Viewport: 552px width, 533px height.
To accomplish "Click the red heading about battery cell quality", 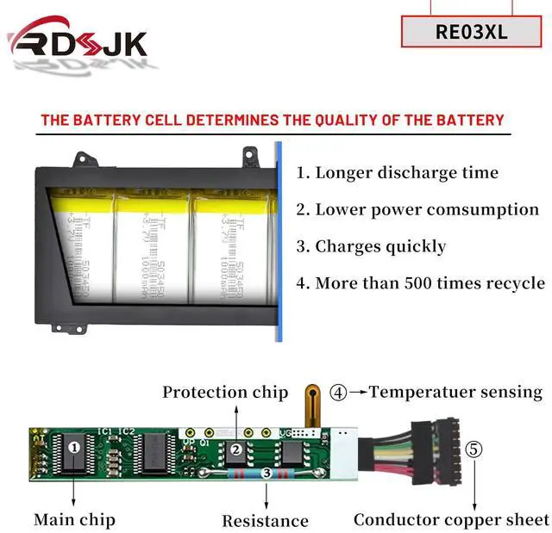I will [273, 121].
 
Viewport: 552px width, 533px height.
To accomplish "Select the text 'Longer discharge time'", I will [398, 172].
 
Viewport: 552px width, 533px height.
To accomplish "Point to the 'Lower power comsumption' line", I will [417, 209].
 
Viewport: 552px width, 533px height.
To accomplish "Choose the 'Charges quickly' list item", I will [371, 246].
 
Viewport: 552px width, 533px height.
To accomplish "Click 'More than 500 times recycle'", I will [420, 283].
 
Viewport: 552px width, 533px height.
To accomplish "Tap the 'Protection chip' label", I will [225, 393].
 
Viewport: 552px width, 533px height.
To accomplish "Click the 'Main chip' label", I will [74, 519].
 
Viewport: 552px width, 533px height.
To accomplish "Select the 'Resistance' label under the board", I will [265, 520].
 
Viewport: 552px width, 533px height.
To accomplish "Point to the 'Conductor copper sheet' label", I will [451, 519].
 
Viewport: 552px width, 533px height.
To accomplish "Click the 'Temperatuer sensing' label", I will [455, 392].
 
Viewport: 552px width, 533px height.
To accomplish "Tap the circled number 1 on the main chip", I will [74, 447].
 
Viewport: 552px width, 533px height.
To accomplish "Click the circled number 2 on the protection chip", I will [235, 448].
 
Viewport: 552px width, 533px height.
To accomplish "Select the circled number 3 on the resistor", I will [267, 473].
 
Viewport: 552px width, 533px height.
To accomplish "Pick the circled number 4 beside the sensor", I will [339, 393].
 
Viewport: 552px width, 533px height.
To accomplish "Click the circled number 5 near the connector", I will [474, 449].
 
